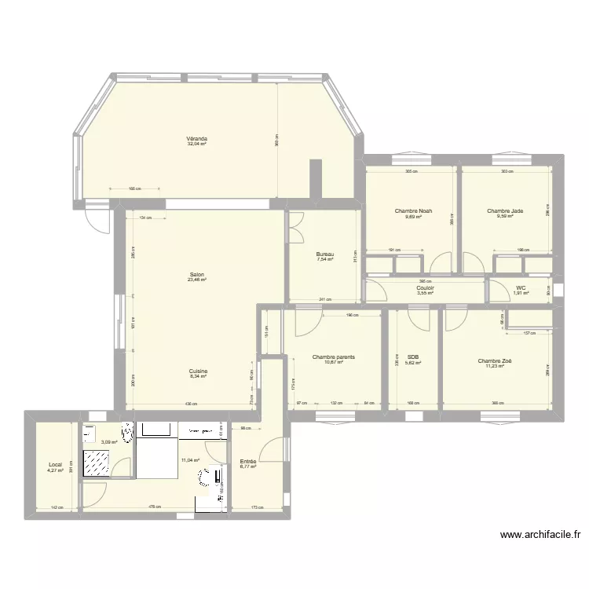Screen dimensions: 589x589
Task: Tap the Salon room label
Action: click(x=196, y=274)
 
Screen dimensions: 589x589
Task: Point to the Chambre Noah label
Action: click(x=413, y=211)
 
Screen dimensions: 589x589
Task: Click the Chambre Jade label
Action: click(x=505, y=211)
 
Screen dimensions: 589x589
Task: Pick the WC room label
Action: click(x=521, y=288)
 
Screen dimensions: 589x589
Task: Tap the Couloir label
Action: click(x=426, y=288)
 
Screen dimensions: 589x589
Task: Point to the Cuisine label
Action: click(x=198, y=371)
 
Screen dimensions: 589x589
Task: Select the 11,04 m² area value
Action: click(x=190, y=461)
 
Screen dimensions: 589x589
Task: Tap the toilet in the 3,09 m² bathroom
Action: click(x=126, y=430)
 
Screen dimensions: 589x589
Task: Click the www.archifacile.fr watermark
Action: click(x=540, y=536)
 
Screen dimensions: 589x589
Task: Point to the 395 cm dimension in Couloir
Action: click(x=426, y=281)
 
